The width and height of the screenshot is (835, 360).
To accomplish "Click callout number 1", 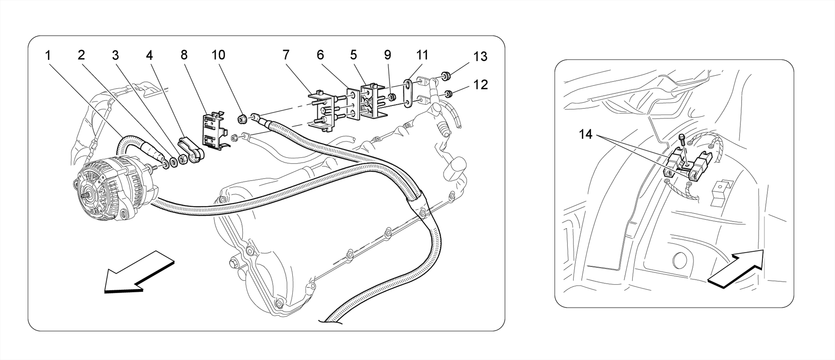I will (48, 55).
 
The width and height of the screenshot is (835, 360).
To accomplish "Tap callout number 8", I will (184, 55).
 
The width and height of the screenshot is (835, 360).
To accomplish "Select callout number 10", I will (219, 55).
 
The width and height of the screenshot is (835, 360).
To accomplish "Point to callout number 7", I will (285, 55).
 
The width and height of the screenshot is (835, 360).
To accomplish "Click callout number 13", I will (481, 56).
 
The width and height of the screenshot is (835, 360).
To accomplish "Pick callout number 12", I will (481, 85).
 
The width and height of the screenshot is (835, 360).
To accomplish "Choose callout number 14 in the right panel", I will (585, 134).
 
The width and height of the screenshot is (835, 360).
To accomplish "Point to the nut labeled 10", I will (241, 119).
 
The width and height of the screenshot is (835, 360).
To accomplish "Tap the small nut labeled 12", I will (448, 95).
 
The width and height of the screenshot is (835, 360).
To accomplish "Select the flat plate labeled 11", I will (407, 95).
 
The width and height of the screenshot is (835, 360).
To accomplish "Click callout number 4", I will (150, 55).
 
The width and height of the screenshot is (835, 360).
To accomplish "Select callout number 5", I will (353, 55).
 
